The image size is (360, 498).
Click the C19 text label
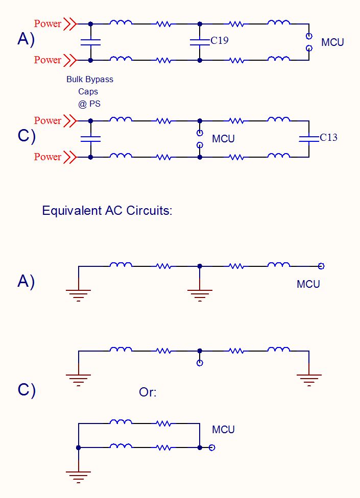[220, 40]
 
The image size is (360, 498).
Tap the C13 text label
[328, 137]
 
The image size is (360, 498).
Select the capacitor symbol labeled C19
[200, 42]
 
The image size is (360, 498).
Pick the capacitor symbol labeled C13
[308, 138]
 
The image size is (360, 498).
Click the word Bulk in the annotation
[76, 80]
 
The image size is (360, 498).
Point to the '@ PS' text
[89, 104]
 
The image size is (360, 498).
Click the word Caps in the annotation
[88, 91]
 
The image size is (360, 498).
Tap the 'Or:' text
[148, 392]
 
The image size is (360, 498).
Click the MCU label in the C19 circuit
[332, 42]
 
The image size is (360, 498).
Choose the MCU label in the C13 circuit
[223, 139]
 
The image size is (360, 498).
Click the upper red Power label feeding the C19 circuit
[47, 23]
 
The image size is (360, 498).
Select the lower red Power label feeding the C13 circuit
[47, 157]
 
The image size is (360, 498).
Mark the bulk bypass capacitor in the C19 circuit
[90, 42]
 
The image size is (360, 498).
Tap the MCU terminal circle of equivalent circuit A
[321, 266]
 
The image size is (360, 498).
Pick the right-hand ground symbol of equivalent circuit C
[309, 379]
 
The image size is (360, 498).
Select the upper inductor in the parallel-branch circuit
[121, 422]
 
